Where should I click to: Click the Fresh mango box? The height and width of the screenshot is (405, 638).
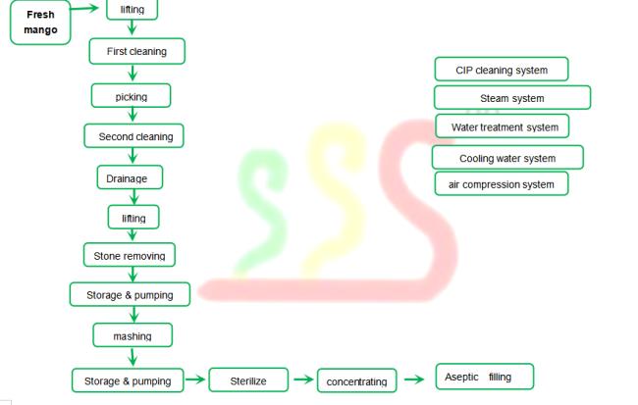pyautogui.click(x=40, y=23)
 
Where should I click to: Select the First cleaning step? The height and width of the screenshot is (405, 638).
pyautogui.click(x=137, y=51)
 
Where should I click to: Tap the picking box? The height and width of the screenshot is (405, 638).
pyautogui.click(x=131, y=96)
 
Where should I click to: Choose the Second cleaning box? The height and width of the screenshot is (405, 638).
pyautogui.click(x=133, y=135)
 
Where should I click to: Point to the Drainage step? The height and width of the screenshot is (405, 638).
pyautogui.click(x=130, y=177)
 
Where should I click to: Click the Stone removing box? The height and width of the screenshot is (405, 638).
pyautogui.click(x=130, y=255)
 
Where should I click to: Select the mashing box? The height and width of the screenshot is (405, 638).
pyautogui.click(x=133, y=335)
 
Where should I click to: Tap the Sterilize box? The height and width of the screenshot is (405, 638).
pyautogui.click(x=248, y=380)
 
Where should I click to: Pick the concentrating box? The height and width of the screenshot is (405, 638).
pyautogui.click(x=357, y=380)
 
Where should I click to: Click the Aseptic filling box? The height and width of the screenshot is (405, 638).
pyautogui.click(x=485, y=377)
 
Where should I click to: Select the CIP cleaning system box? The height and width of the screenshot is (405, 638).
pyautogui.click(x=502, y=69)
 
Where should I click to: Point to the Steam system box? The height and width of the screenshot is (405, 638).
pyautogui.click(x=512, y=98)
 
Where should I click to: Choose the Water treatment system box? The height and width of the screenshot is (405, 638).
pyautogui.click(x=503, y=127)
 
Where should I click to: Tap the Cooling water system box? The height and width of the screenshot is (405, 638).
pyautogui.click(x=507, y=157)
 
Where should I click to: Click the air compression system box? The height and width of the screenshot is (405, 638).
pyautogui.click(x=502, y=183)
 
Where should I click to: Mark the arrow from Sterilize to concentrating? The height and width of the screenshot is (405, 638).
pyautogui.click(x=303, y=380)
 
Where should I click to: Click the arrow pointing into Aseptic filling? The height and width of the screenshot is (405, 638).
pyautogui.click(x=414, y=380)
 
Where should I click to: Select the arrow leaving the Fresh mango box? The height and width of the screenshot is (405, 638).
pyautogui.click(x=84, y=8)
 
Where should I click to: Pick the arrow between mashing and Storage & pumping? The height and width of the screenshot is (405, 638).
pyautogui.click(x=133, y=357)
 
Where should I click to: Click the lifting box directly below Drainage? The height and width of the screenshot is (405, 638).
pyautogui.click(x=133, y=217)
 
